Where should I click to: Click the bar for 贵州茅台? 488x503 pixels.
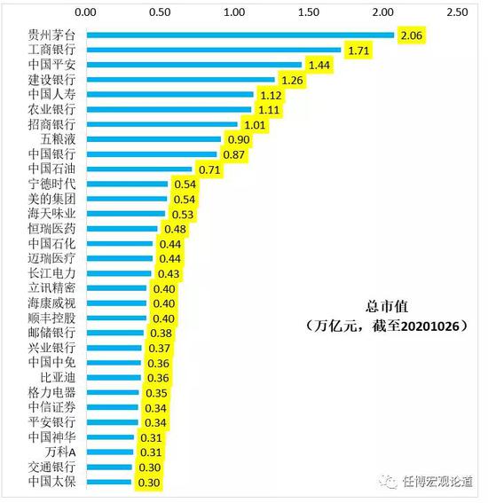click(x=240, y=35)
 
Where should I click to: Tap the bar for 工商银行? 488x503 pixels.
click(x=213, y=51)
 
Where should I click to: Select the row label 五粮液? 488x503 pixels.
click(x=59, y=139)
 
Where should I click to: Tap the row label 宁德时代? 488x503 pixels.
click(x=52, y=184)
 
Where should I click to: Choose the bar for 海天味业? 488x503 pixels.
click(x=125, y=214)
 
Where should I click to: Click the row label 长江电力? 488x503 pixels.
click(x=52, y=273)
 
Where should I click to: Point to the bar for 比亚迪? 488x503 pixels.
click(x=112, y=378)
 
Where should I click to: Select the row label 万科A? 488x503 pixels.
click(x=61, y=452)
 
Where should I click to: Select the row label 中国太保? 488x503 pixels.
click(x=52, y=483)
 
